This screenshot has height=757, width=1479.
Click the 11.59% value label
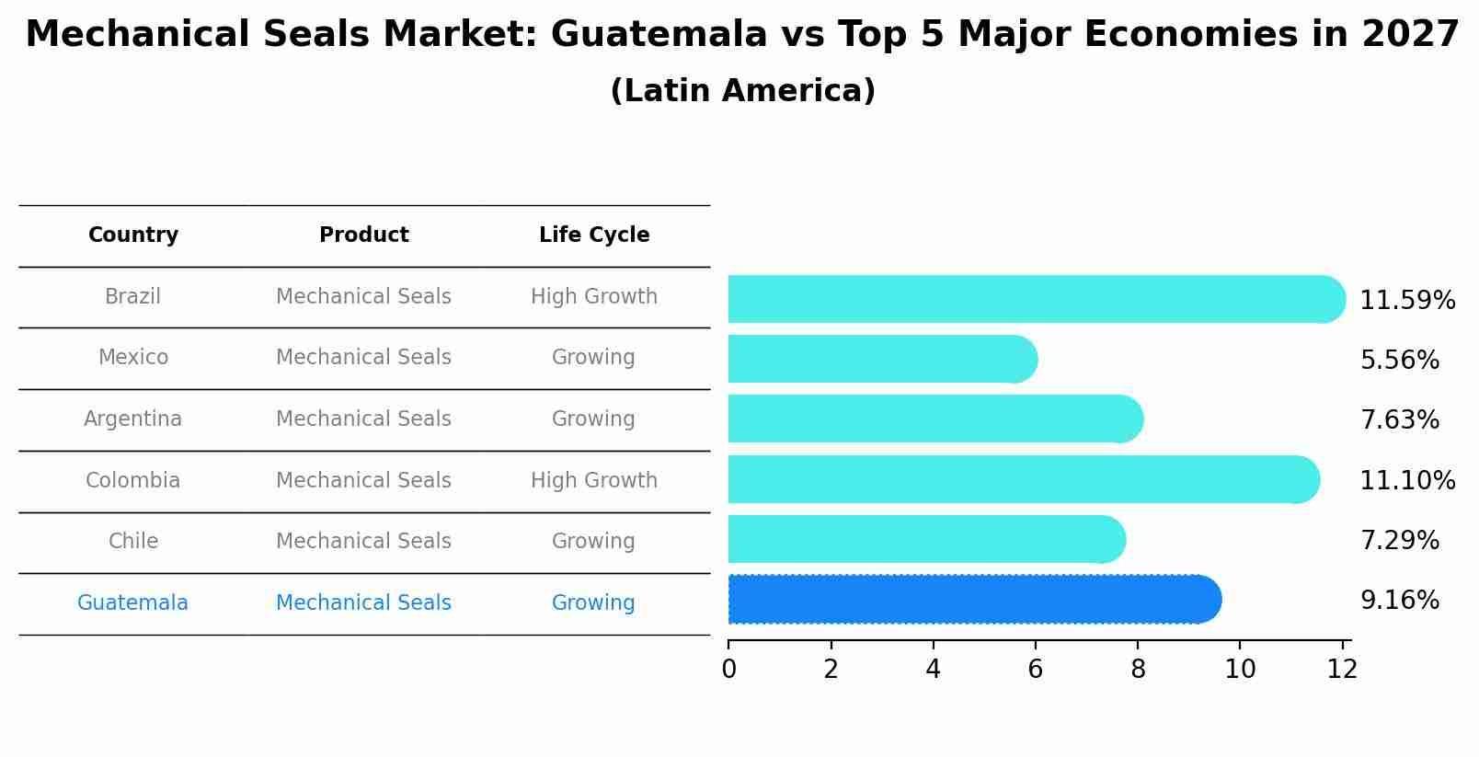(1406, 301)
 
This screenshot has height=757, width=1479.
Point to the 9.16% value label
(1399, 601)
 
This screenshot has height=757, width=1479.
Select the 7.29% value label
(1399, 540)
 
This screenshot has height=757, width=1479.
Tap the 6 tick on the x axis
(1035, 669)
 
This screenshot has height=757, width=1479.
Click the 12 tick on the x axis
(1342, 669)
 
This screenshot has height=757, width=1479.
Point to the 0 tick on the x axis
(728, 669)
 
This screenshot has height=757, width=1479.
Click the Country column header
(133, 235)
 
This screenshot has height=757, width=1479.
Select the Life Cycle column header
(594, 235)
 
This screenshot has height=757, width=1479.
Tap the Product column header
(363, 235)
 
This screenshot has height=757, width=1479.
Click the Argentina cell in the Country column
(133, 419)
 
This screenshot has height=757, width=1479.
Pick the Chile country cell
(133, 542)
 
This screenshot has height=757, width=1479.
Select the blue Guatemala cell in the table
(133, 603)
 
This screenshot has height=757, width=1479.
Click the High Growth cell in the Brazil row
(594, 297)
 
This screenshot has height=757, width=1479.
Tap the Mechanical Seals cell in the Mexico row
(363, 358)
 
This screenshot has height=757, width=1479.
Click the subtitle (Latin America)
(742, 91)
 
